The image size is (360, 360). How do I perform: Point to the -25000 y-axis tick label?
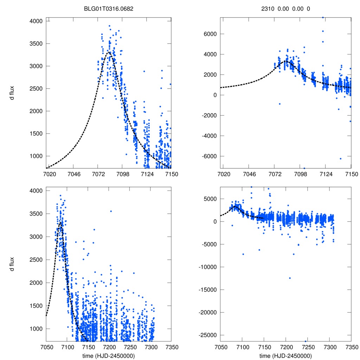point(207,335)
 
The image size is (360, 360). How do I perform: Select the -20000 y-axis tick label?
point(207,312)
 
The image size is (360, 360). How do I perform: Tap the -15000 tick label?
point(207,290)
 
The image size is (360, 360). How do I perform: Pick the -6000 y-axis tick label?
point(209,156)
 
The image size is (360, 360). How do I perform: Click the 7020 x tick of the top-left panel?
point(48,174)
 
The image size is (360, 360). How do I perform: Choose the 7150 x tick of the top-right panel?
point(351,174)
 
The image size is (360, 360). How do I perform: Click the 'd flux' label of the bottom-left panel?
point(12,264)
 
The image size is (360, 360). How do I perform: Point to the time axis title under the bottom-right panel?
point(285,355)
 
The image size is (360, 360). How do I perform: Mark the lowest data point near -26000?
point(306,341)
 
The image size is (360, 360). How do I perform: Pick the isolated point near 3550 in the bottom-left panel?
point(111,211)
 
